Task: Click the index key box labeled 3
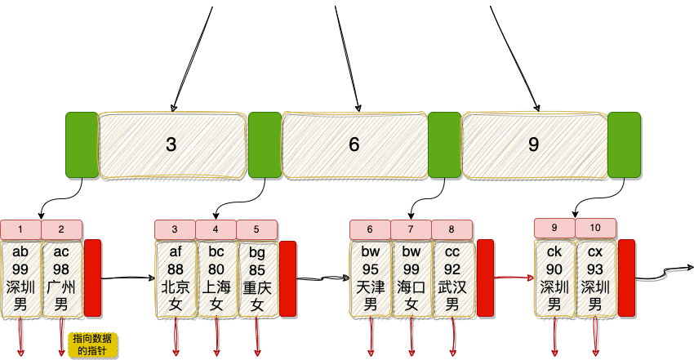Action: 171,144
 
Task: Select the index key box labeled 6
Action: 354,144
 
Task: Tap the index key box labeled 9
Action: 534,144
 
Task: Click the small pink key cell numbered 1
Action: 21,229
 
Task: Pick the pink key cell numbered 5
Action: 257,229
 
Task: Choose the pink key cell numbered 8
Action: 452,229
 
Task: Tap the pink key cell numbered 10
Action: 596,228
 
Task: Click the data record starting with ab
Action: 21,278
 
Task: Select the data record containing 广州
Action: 61,278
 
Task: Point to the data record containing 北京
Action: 176,278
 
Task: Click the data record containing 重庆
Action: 257,278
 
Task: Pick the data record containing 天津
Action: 371,278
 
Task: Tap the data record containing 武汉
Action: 452,278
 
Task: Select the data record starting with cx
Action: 596,278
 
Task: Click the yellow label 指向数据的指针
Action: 93,344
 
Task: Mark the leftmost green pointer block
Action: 82,144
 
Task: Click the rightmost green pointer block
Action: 624,144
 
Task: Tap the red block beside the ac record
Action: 92,278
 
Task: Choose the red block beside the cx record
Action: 626,278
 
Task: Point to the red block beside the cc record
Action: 485,278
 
